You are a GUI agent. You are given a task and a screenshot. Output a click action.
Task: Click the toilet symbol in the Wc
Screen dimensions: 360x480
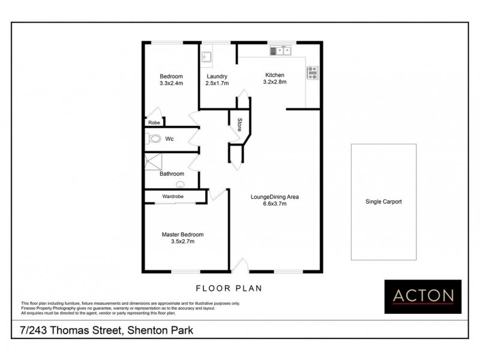tap(154, 139)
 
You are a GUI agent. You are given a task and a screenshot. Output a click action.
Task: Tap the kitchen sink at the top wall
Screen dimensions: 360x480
tap(280, 50)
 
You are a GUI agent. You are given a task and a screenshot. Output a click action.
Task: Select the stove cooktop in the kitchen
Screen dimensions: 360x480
tap(312, 73)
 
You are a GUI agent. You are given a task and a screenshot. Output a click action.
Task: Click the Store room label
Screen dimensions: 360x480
tap(239, 125)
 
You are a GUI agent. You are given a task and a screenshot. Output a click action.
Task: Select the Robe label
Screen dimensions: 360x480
tap(154, 122)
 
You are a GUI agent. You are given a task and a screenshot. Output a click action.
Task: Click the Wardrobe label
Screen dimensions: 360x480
tap(172, 196)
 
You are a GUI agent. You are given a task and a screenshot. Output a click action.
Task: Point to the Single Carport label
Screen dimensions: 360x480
tap(383, 202)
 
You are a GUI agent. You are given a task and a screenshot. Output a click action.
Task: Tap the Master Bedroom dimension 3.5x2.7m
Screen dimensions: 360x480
tap(182, 241)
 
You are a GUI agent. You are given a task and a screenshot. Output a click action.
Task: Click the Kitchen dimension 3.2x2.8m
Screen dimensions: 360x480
tap(275, 82)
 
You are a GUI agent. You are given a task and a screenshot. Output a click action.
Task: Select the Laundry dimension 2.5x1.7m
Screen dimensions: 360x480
tap(216, 83)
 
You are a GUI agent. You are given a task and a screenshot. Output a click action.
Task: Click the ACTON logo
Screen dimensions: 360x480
tap(423, 296)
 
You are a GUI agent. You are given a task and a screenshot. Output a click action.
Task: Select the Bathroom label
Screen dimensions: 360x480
tap(171, 174)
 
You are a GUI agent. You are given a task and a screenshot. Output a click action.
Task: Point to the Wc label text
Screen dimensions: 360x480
tap(170, 139)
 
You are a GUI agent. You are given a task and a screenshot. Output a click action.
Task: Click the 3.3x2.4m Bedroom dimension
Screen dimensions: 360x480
tap(171, 83)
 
